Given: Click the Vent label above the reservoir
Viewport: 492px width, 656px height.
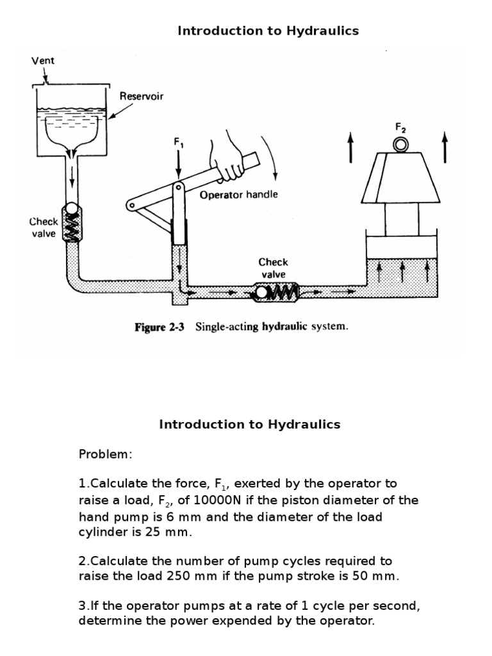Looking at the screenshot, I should (43, 61).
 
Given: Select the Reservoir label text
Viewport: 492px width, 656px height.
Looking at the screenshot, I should (142, 96).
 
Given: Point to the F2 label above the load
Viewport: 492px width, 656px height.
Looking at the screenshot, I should (401, 127).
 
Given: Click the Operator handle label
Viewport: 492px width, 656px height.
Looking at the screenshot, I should (239, 195).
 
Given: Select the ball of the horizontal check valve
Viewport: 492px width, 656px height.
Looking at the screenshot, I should (261, 293).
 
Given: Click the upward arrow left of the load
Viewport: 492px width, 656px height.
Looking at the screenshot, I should (350, 147).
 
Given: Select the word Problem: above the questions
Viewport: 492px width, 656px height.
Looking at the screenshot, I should (105, 454).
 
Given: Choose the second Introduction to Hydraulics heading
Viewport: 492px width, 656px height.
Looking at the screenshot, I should (250, 424).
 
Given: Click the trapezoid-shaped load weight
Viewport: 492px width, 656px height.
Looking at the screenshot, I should (401, 176).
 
